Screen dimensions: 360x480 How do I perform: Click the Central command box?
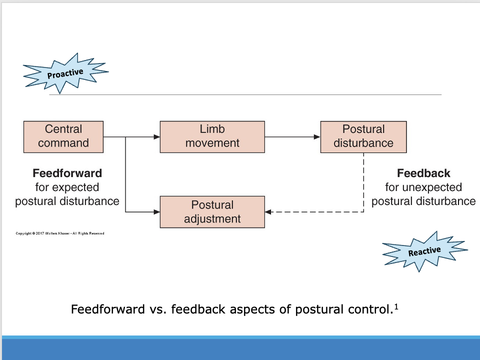(x=63, y=136)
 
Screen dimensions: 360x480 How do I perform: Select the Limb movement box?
(x=212, y=136)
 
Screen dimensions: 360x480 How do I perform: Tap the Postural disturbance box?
(x=363, y=136)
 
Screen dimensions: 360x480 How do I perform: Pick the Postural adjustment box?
(x=212, y=212)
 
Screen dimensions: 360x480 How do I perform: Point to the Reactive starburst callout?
(x=424, y=251)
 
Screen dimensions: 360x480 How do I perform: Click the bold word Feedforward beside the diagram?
(x=67, y=173)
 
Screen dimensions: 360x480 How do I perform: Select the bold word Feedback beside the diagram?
(x=423, y=173)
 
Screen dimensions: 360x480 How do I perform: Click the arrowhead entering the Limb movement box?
(x=156, y=136)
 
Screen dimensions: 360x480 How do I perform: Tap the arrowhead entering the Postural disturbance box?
(x=317, y=136)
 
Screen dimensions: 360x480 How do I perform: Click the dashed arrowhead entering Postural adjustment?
(x=268, y=212)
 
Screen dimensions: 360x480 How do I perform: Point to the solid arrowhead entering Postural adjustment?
(x=156, y=212)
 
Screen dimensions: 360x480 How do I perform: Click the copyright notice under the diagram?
(x=60, y=233)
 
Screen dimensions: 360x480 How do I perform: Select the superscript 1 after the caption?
(x=395, y=306)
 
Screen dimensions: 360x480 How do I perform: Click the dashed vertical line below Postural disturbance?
(x=363, y=182)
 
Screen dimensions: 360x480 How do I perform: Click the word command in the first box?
(x=63, y=143)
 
